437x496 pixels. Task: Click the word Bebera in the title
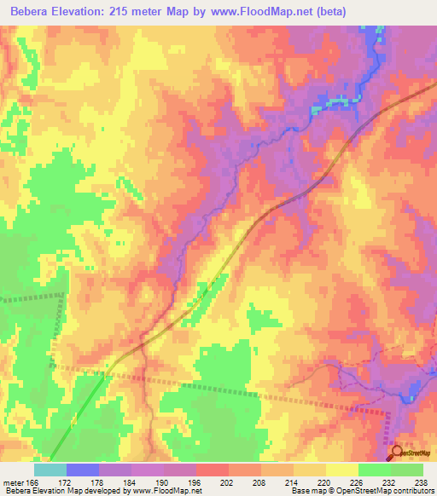click(x=32, y=12)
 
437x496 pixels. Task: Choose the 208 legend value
click(x=248, y=483)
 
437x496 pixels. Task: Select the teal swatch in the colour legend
click(x=50, y=470)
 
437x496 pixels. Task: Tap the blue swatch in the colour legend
click(x=83, y=470)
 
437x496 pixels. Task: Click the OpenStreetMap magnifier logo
click(x=395, y=453)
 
